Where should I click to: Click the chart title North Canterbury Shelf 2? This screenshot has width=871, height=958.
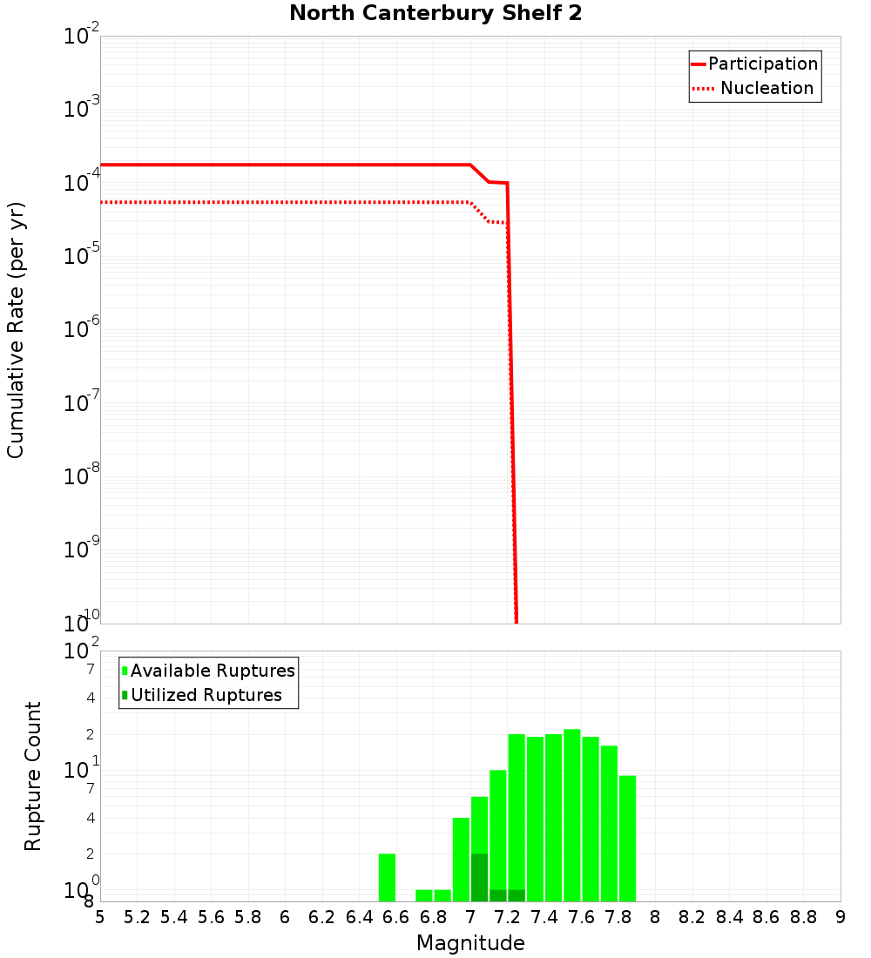click(435, 14)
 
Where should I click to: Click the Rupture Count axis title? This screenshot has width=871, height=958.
click(33, 775)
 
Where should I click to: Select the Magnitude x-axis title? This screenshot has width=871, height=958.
click(470, 943)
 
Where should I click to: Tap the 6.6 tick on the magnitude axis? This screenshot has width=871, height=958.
click(396, 917)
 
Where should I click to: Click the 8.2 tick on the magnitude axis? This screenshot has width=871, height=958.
click(692, 917)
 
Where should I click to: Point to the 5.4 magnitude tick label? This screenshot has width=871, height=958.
click(174, 917)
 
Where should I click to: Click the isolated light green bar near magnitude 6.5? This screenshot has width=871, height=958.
click(388, 877)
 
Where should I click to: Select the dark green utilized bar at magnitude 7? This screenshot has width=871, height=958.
click(479, 877)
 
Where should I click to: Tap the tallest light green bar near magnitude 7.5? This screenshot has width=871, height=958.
click(571, 815)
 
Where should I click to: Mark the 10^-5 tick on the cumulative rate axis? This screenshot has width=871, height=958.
click(82, 256)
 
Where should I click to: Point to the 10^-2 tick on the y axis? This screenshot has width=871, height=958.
click(82, 37)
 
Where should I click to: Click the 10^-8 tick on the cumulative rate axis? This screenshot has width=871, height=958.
click(82, 476)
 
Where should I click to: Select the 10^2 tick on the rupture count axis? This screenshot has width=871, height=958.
click(82, 651)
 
